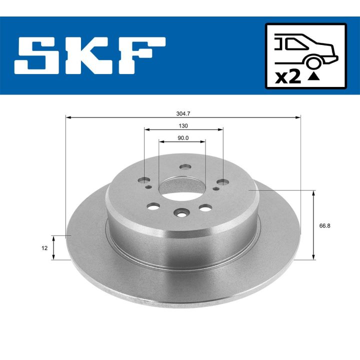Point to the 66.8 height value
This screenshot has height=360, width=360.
pyautogui.click(x=324, y=225)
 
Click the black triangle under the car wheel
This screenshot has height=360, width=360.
pyautogui.click(x=313, y=76)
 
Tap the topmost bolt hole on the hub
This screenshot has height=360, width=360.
pyautogui.click(x=186, y=166)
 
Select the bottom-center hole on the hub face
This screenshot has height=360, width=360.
pyautogui.click(x=180, y=213)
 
